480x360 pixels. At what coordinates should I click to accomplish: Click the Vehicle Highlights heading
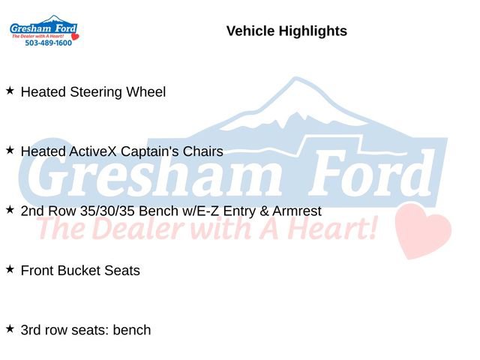pyautogui.click(x=286, y=31)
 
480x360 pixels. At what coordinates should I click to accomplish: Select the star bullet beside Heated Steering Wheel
pyautogui.click(x=10, y=91)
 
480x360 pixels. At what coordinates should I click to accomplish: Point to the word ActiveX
pyautogui.click(x=96, y=151)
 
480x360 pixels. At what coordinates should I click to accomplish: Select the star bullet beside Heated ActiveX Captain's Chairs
pyautogui.click(x=10, y=150)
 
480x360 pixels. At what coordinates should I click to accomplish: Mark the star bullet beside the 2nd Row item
pyautogui.click(x=10, y=209)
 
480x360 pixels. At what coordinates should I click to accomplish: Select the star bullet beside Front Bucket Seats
pyautogui.click(x=10, y=268)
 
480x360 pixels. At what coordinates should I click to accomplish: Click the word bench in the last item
pyautogui.click(x=132, y=330)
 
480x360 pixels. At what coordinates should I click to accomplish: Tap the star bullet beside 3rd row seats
pyautogui.click(x=10, y=328)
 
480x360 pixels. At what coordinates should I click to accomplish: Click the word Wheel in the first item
pyautogui.click(x=147, y=92)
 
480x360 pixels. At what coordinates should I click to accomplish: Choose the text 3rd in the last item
pyautogui.click(x=31, y=330)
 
